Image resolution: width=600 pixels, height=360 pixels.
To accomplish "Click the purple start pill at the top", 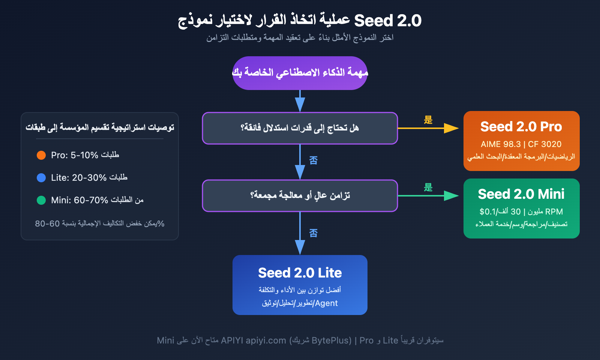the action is pos(300,73).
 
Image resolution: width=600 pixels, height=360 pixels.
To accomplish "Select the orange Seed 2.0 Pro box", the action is pos(521,141).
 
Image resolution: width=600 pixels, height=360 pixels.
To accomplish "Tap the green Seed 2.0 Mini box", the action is pos(521,208).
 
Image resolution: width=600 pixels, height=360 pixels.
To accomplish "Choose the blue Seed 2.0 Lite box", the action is pos(300,285).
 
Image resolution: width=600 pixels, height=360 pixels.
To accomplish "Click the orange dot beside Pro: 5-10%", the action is pos(41,155).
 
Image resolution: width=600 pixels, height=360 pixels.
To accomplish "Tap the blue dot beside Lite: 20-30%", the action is pos(41,178).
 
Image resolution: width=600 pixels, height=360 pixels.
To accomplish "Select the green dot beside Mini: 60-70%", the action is pos(41,200).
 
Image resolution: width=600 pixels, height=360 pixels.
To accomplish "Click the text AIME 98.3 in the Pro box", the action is pos(501,144).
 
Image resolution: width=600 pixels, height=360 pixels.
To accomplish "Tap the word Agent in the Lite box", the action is pos(326,303).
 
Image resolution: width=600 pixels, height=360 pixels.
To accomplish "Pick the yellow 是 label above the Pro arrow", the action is pos(428,120).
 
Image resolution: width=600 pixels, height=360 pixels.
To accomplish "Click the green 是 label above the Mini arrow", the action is pos(428,187).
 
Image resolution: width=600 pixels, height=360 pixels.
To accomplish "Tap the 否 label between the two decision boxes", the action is pos(313,160).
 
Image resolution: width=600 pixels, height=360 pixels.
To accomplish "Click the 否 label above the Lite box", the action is pos(313,233).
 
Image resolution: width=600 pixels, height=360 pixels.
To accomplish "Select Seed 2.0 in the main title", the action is pos(388,21).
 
